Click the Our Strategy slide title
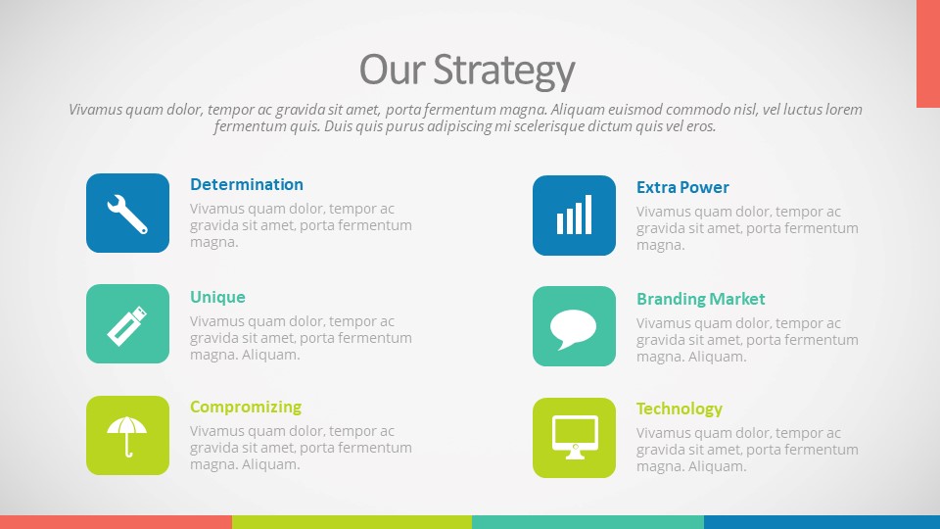pos(467,71)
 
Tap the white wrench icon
pos(127,215)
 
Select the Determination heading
pos(247,185)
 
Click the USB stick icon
pos(127,325)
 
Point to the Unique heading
pos(217,297)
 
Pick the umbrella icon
pos(126,436)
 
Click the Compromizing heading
pos(246,408)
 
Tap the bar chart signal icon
pos(575,215)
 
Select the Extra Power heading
pos(682,187)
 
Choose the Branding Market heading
pos(701,299)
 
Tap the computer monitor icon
pos(575,437)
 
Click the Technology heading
pos(680,409)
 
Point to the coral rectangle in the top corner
pos(928,54)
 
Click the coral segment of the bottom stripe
pos(116,522)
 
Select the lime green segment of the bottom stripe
pos(352,522)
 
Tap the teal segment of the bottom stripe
pos(588,522)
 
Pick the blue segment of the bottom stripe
pos(822,522)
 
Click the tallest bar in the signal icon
pos(588,215)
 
